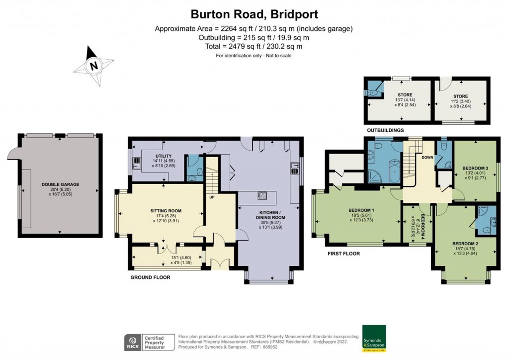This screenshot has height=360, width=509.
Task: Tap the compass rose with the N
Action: [93, 65]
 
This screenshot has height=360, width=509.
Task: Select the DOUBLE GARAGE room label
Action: [60, 184]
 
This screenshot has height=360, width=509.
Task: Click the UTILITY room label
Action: [161, 156]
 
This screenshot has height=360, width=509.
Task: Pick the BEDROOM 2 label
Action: [465, 244]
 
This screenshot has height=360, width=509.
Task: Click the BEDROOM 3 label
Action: [475, 168]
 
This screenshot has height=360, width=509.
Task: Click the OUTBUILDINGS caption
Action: [385, 130]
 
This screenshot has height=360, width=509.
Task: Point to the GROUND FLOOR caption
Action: [150, 277]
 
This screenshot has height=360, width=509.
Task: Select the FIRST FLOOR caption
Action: [343, 254]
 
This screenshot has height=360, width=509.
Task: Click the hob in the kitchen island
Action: [262, 195]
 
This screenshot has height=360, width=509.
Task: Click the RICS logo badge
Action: [132, 343]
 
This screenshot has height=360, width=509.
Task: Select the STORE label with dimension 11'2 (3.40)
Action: [460, 95]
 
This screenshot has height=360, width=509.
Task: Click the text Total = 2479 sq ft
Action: [254, 46]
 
